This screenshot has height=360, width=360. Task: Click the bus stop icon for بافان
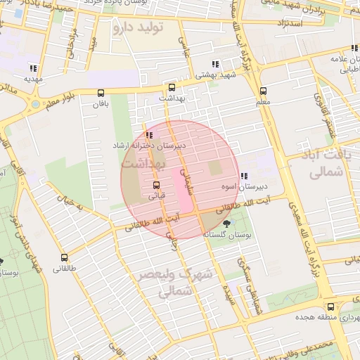(101, 93)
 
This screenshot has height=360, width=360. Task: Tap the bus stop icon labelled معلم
(263, 91)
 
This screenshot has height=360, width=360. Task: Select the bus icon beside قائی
(156, 186)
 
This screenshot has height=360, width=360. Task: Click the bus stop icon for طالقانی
(65, 257)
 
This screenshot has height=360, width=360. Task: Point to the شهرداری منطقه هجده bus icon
(330, 307)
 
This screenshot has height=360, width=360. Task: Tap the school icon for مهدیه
(32, 68)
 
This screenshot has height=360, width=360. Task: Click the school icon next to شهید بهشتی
(215, 65)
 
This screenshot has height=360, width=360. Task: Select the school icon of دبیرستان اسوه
(243, 176)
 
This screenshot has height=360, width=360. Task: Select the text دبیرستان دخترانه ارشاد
(149, 145)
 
